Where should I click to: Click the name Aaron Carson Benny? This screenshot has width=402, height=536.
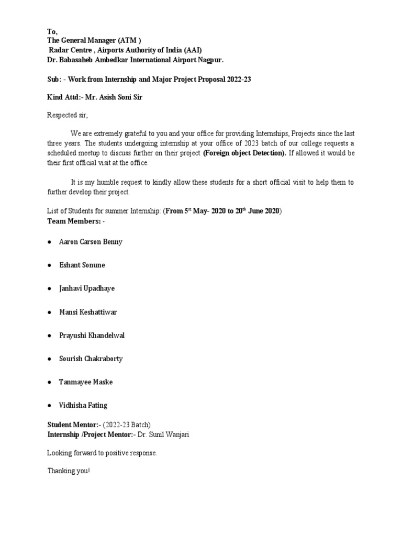coord(91,242)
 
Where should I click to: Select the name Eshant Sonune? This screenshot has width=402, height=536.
coord(82,265)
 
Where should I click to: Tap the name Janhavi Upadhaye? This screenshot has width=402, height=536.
coord(87,288)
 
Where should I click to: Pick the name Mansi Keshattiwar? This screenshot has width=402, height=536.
coord(88,312)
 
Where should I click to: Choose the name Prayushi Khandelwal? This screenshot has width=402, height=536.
coord(92,335)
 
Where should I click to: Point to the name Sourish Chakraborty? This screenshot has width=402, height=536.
coord(91,359)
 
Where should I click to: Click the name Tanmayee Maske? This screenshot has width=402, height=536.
coord(85,382)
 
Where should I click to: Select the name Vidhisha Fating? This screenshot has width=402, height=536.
coord(83,405)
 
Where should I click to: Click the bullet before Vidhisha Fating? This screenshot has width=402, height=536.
coord(49,406)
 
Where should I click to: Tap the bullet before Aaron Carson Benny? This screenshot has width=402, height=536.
coord(49,242)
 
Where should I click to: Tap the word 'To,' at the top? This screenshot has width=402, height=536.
coord(52,31)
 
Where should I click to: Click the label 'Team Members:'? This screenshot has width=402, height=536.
coord(73,221)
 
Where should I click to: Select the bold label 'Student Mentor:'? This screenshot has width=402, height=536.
coord(72,425)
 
